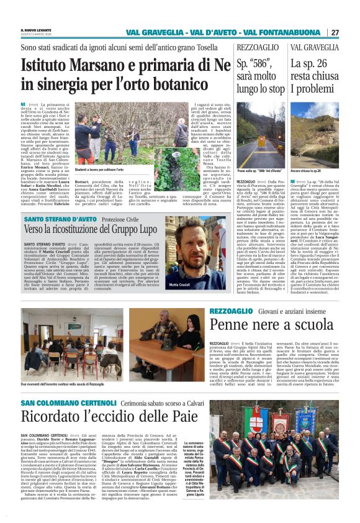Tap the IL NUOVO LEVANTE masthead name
36,30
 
